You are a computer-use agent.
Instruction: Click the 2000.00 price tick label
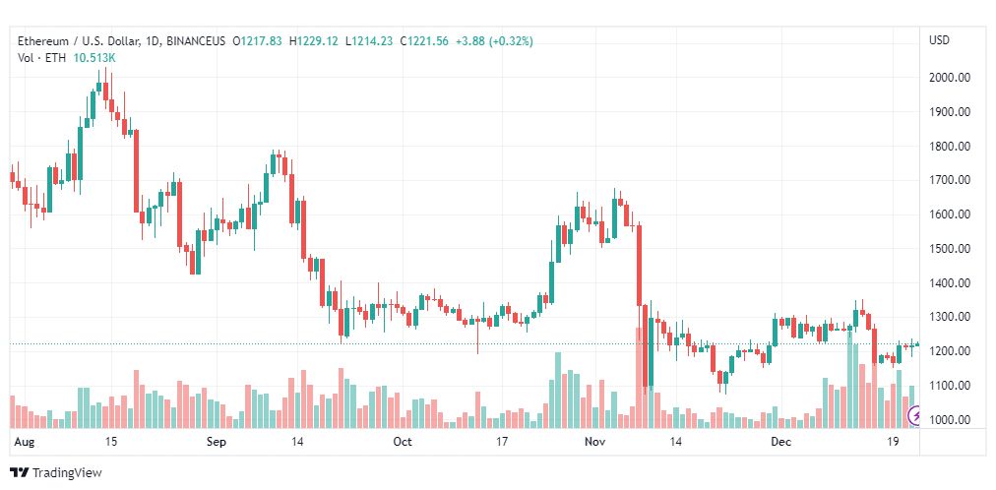point(951,78)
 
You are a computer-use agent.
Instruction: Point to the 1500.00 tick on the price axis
point(951,249)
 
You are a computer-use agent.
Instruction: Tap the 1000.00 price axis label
point(951,420)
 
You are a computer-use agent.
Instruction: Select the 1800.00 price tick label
point(951,147)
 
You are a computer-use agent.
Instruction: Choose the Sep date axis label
point(218,443)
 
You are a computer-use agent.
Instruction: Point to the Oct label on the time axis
point(403,443)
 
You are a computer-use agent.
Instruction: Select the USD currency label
point(939,40)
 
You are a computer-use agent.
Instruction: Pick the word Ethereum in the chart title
point(44,41)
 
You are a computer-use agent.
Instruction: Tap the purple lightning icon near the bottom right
point(916,417)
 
